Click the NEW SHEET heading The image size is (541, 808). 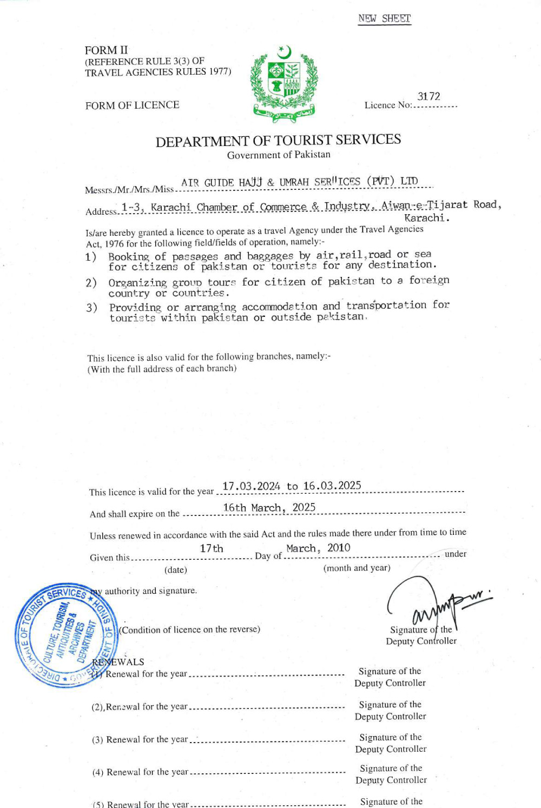(x=385, y=18)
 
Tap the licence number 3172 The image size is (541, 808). (x=428, y=96)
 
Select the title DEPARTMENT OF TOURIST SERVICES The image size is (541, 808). (x=278, y=141)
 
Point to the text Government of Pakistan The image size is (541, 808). (x=279, y=155)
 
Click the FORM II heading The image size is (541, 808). (x=106, y=50)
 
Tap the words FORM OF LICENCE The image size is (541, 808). (x=132, y=105)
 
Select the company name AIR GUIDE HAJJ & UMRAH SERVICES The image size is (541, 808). (x=299, y=182)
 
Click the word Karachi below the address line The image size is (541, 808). (x=426, y=218)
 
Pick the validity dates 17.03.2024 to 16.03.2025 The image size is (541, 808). (x=292, y=486)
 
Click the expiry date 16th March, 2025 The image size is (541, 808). (x=269, y=507)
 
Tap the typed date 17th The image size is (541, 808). (x=212, y=548)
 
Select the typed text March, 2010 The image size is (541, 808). (x=318, y=548)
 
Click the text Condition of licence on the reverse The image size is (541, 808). (x=189, y=630)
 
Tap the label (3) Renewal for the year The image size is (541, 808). (x=140, y=739)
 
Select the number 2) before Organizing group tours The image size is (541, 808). (x=91, y=282)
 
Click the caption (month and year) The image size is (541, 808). (x=357, y=568)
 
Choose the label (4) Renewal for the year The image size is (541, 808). (x=140, y=772)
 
